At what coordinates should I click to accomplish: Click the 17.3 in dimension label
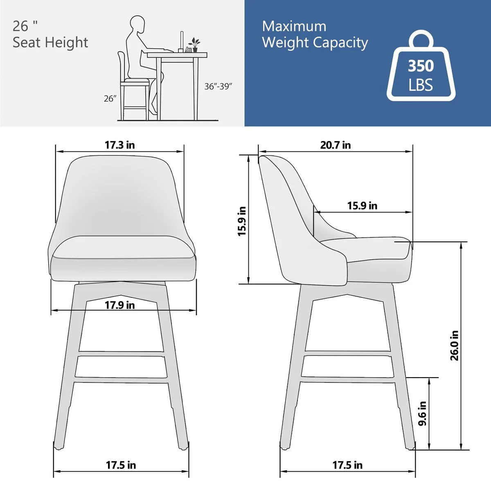pyautogui.click(x=119, y=145)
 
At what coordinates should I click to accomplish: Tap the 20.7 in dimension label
pyautogui.click(x=335, y=145)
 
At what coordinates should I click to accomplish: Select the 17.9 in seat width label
pyautogui.click(x=119, y=305)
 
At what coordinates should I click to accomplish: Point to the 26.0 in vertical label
pyautogui.click(x=455, y=346)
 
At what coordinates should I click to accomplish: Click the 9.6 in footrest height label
pyautogui.click(x=422, y=413)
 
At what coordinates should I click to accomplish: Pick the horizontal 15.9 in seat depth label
pyautogui.click(x=362, y=205)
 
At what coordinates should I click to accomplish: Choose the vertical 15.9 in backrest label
pyautogui.click(x=242, y=221)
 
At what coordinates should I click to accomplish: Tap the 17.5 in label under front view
pyautogui.click(x=121, y=465)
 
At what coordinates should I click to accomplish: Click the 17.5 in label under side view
pyautogui.click(x=347, y=465)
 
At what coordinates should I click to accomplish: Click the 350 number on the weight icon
pyautogui.click(x=421, y=66)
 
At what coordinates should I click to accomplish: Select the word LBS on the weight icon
pyautogui.click(x=421, y=85)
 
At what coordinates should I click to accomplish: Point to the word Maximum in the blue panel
pyautogui.click(x=294, y=26)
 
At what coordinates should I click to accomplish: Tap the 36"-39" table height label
pyautogui.click(x=218, y=86)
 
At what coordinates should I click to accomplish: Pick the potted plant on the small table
pyautogui.click(x=195, y=45)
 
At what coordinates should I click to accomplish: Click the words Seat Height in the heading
pyautogui.click(x=50, y=42)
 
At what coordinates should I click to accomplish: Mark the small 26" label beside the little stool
pyautogui.click(x=110, y=99)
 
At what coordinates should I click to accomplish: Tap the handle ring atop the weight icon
pyautogui.click(x=421, y=39)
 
